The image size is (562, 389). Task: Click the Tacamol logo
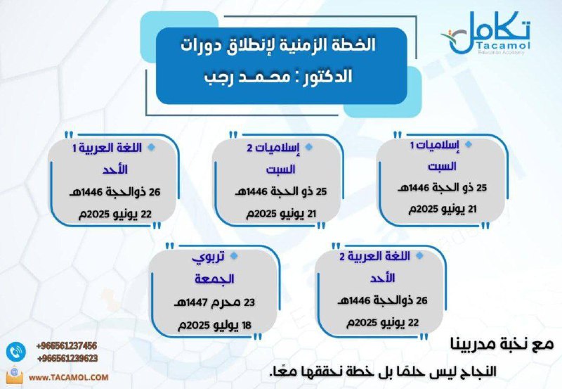pyautogui.click(x=486, y=33)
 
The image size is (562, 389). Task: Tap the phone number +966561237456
pyautogui.click(x=67, y=346)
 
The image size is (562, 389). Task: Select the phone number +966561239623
pyautogui.click(x=67, y=359)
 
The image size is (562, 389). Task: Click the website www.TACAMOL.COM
pyautogui.click(x=68, y=378)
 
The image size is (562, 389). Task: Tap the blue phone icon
pyautogui.click(x=15, y=352)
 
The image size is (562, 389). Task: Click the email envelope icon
pyautogui.click(x=15, y=376)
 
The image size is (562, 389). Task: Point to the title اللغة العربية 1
pyautogui.click(x=107, y=148)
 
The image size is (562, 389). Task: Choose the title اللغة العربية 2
pyautogui.click(x=374, y=257)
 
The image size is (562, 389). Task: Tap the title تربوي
pyautogui.click(x=208, y=257)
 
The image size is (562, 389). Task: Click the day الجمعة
pyautogui.click(x=214, y=279)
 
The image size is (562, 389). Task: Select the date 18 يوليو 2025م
pyautogui.click(x=215, y=326)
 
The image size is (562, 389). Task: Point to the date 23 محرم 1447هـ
pyautogui.click(x=214, y=302)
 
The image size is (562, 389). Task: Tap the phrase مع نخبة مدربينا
pyautogui.click(x=502, y=344)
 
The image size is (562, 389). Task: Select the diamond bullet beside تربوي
pyautogui.click(x=234, y=256)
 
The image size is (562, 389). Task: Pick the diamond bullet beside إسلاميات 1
pyautogui.click(x=468, y=145)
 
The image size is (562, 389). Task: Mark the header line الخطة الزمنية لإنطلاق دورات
pyautogui.click(x=278, y=46)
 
